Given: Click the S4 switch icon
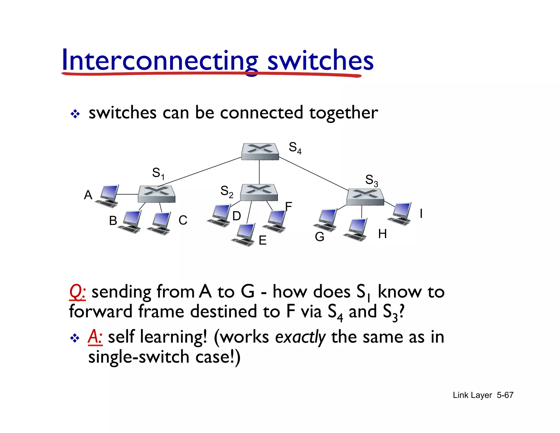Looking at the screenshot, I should (260, 151).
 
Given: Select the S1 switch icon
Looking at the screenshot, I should (156, 194).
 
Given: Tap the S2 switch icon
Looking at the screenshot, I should (259, 192).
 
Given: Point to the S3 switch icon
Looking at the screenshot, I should (365, 197).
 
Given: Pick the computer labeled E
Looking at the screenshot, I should (244, 235).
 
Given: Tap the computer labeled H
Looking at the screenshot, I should (356, 230).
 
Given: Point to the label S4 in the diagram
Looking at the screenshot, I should (295, 148).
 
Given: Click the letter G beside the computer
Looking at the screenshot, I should (319, 237).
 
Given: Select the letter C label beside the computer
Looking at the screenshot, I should (183, 220).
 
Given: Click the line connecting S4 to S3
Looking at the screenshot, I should (313, 174).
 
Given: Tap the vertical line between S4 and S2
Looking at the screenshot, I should (259, 172).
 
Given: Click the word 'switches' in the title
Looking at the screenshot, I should (320, 61).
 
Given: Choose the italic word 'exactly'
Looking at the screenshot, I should (300, 337).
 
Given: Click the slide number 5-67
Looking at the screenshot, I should (505, 395).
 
